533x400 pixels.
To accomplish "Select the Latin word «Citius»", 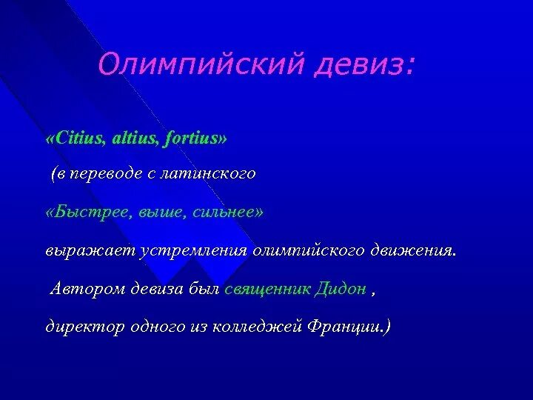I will [78, 138].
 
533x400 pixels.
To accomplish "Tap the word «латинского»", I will [215, 174].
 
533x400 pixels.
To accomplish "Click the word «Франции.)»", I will [348, 327].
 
